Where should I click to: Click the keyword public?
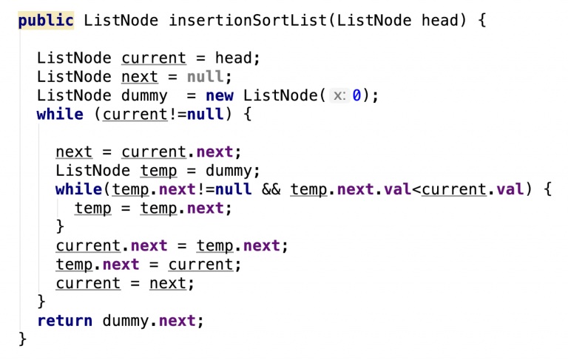[x=46, y=21]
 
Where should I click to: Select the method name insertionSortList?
[x=247, y=21]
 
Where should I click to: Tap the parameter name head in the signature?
[x=440, y=21]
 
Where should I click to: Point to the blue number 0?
[x=356, y=96]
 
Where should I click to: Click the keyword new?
[x=220, y=96]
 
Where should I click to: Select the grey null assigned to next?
[x=206, y=77]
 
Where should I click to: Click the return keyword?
[x=64, y=321]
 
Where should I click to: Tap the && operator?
[x=271, y=189]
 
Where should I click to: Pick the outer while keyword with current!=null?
[x=60, y=115]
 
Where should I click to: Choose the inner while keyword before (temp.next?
[x=79, y=189]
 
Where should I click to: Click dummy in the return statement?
[x=125, y=321]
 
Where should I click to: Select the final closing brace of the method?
[x=23, y=339]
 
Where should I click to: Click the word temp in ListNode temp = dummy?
[x=158, y=171]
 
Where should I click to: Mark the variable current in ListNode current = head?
[x=153, y=58]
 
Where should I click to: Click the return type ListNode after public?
[x=121, y=21]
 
